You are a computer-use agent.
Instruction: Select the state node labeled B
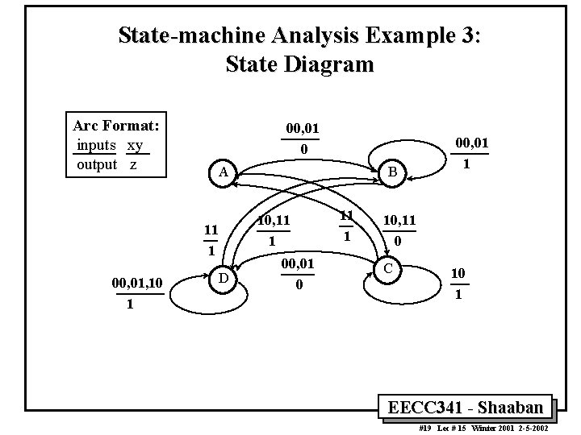point(391,172)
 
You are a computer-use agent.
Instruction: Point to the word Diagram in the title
point(328,64)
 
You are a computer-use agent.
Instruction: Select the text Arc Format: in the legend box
point(115,126)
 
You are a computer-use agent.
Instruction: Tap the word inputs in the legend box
point(96,146)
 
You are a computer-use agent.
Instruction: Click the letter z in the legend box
point(132,164)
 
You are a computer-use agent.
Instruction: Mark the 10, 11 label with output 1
point(273,219)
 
